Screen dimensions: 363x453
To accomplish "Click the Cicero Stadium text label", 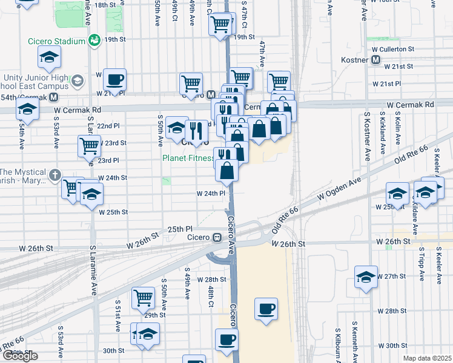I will click(56, 41).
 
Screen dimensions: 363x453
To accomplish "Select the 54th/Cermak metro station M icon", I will click(54, 97).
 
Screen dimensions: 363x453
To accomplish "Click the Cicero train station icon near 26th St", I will click(216, 237).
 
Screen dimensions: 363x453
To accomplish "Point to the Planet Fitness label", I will click(187, 159).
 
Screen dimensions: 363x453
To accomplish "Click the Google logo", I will click(19, 356).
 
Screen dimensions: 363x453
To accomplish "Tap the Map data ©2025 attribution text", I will click(428, 358).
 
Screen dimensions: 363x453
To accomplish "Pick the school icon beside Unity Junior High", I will click(78, 80).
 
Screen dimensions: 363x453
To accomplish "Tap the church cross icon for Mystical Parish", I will click(55, 174).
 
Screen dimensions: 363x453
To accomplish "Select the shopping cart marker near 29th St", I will click(143, 296).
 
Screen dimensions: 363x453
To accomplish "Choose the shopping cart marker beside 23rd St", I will click(89, 145).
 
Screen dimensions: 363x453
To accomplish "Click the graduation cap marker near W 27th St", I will click(366, 276).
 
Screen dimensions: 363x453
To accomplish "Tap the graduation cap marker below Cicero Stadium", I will click(49, 57).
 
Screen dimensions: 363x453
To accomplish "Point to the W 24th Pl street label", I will click(211, 194).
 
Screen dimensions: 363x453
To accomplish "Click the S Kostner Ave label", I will click(367, 136).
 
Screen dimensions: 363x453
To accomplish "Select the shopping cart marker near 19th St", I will click(220, 25).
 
